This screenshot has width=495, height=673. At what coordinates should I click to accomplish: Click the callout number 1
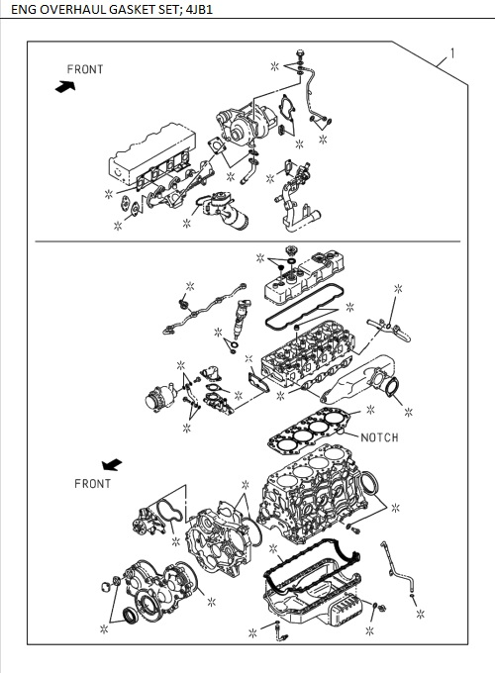coord(452,52)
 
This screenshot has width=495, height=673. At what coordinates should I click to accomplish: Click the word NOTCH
coord(378,436)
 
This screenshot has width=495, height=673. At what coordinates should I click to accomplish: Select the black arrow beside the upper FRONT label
coord(66,86)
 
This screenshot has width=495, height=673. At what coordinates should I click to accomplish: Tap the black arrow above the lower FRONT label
coord(111,463)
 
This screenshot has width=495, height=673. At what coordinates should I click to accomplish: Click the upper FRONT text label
coord(84,69)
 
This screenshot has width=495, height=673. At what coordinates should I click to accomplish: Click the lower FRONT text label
coord(92,483)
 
